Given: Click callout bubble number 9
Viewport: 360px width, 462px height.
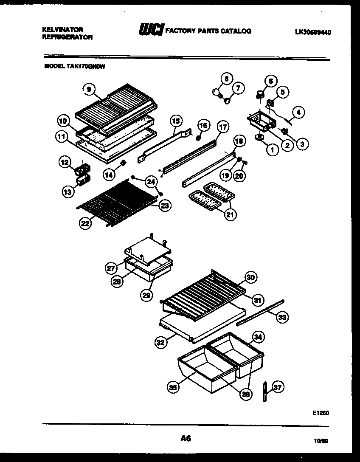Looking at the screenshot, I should pos(88,89).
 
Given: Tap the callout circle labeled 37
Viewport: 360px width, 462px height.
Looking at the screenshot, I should pos(278,387).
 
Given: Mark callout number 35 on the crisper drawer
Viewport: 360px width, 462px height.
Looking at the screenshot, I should pos(173,387).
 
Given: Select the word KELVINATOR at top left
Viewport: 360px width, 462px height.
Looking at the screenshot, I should pos(63,30).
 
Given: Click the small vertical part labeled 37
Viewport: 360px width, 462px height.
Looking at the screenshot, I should pos(264,391).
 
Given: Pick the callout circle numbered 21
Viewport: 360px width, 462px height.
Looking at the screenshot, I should pos(230,215).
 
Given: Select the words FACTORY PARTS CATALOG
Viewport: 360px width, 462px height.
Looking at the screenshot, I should pos(208,31).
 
